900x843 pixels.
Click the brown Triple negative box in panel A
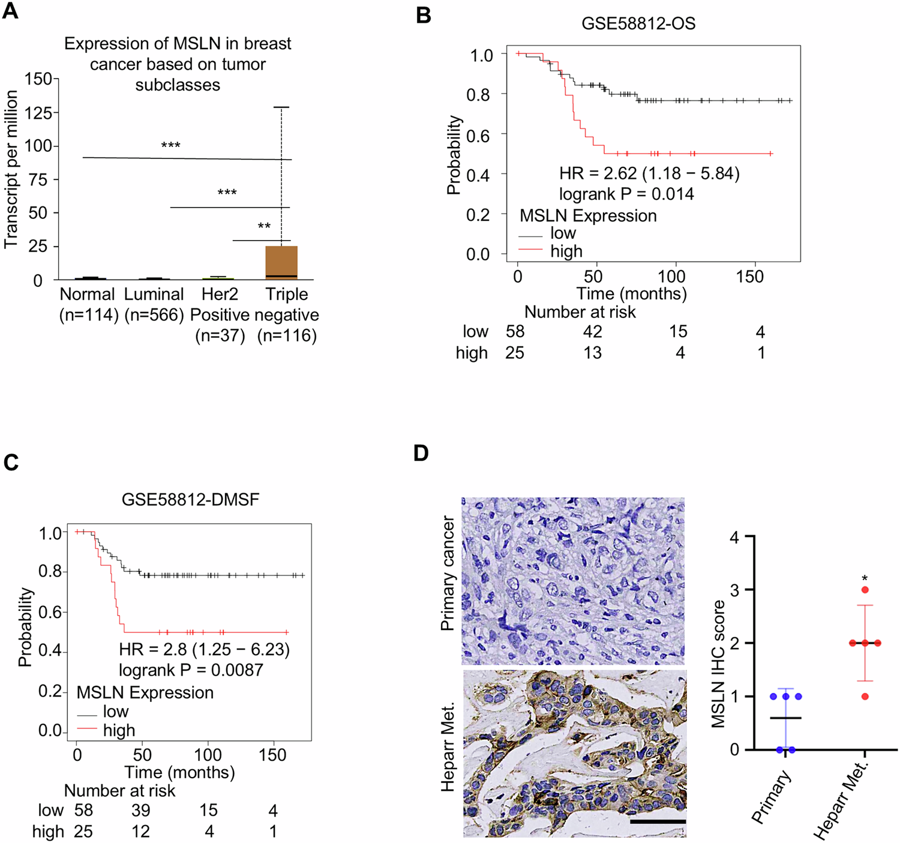click(x=281, y=262)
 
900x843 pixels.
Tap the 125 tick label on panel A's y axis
click(x=38, y=113)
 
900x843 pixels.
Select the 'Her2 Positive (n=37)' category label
click(x=220, y=314)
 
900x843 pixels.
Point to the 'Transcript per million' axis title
click(x=11, y=170)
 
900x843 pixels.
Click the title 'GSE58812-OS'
click(x=638, y=23)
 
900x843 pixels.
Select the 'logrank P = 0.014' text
click(x=626, y=194)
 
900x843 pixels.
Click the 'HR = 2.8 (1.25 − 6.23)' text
click(x=204, y=650)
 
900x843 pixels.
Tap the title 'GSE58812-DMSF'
click(x=190, y=499)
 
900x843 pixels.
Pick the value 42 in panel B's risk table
click(x=592, y=332)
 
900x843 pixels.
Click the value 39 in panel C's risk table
click(x=141, y=811)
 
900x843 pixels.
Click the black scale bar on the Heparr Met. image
click(x=658, y=821)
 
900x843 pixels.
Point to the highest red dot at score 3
click(x=865, y=590)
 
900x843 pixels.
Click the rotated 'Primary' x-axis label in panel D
click(x=772, y=797)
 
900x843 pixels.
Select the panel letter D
click(x=421, y=453)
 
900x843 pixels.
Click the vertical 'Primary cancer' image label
click(x=448, y=574)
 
